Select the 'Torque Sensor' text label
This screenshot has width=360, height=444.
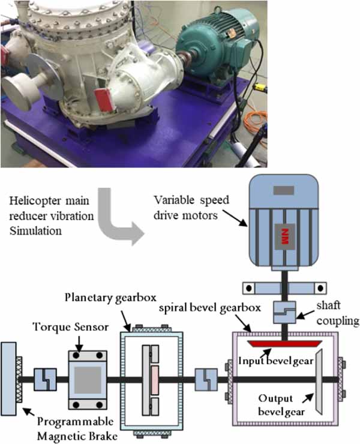point(71,327)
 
